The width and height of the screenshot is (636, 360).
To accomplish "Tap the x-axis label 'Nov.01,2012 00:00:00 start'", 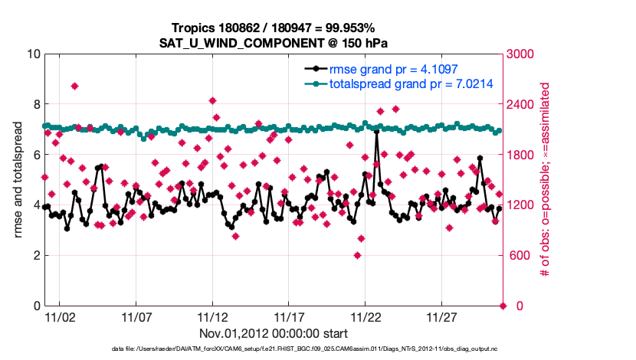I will pos(274,333).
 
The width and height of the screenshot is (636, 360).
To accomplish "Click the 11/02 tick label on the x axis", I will pos(60,316).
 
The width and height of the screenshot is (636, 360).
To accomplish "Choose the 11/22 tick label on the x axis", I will pos(366,316).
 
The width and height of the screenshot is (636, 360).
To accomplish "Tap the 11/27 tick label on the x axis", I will pos(442,316).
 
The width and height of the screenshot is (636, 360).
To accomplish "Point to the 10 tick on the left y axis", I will pos(33,54).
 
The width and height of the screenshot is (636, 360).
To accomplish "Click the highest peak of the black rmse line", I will pos(377,132).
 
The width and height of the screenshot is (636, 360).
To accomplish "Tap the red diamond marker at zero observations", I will pos(503,306).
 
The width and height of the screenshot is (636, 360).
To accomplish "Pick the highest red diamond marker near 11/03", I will pos(74,86).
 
